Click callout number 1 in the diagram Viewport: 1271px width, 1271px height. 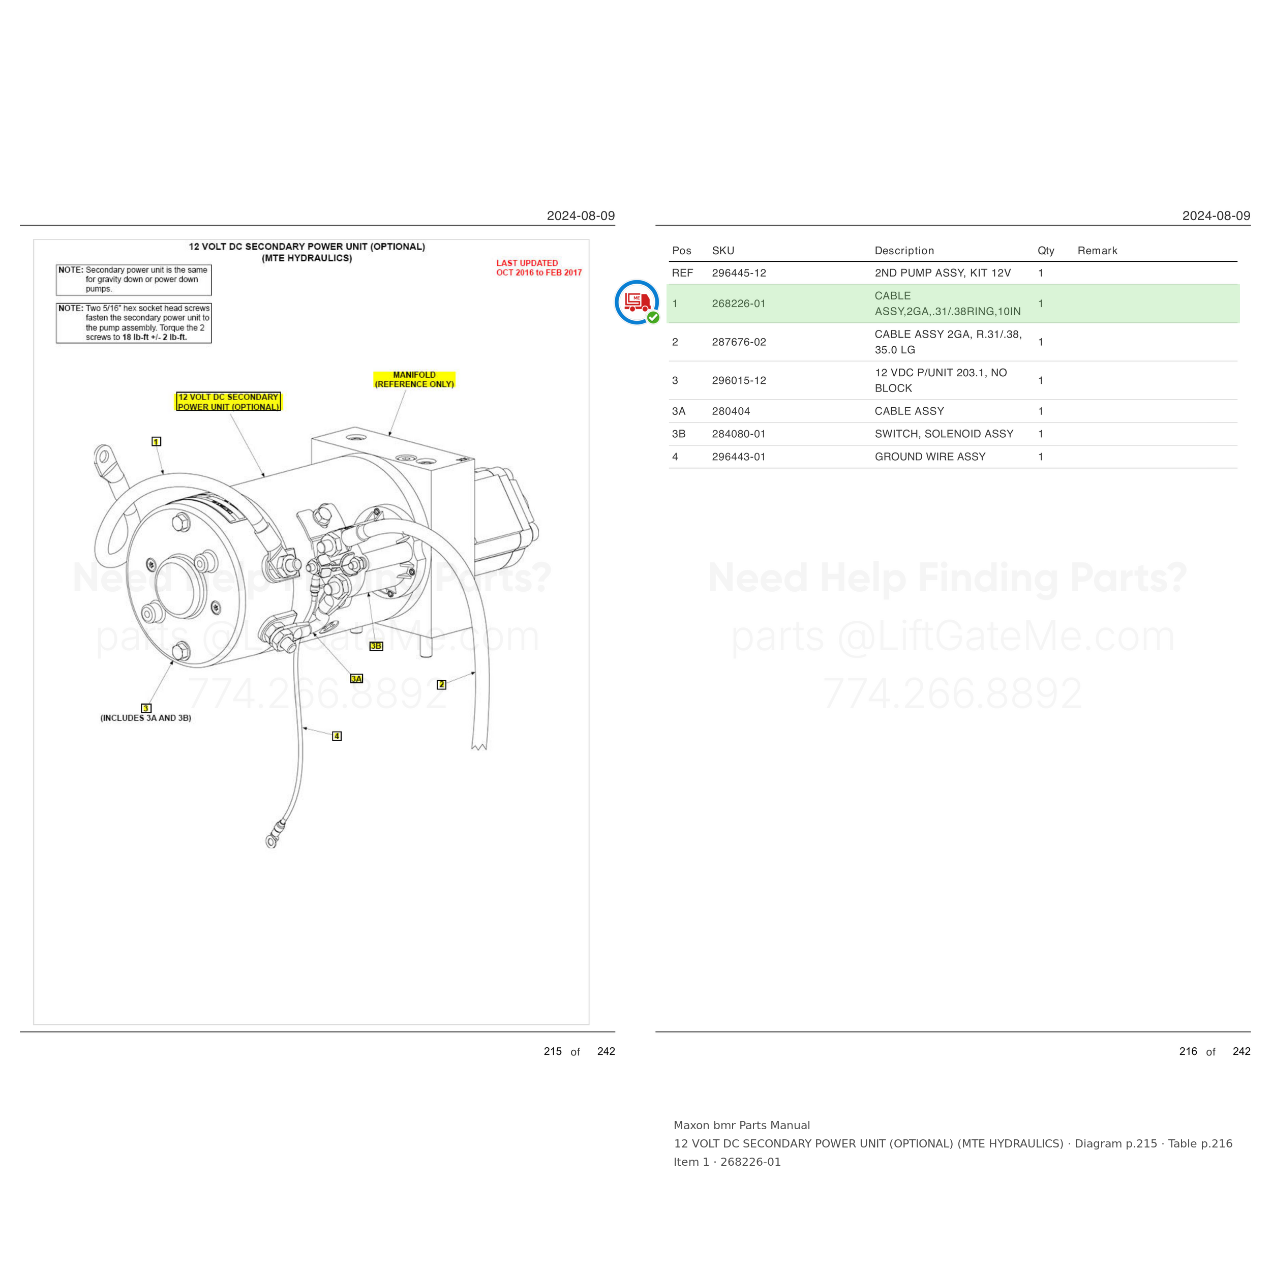(156, 441)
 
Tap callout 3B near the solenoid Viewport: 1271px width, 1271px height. (376, 646)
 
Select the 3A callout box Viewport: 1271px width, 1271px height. (356, 678)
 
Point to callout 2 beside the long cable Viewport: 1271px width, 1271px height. (441, 685)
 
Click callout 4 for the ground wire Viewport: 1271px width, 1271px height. (337, 736)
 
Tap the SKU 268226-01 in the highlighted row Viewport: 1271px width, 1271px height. (739, 304)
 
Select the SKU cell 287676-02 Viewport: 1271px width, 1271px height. (739, 342)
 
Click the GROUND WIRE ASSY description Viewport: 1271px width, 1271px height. (930, 457)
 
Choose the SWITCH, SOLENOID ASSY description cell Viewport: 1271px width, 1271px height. (944, 434)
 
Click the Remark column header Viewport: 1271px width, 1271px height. (1097, 251)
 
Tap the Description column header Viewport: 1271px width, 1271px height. (904, 251)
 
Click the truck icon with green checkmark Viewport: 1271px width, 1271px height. (637, 302)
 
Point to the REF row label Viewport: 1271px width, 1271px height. (682, 273)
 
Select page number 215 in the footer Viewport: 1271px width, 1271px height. (553, 1051)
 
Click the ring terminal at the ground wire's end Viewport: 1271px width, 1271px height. (271, 841)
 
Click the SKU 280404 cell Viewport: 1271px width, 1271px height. (731, 411)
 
